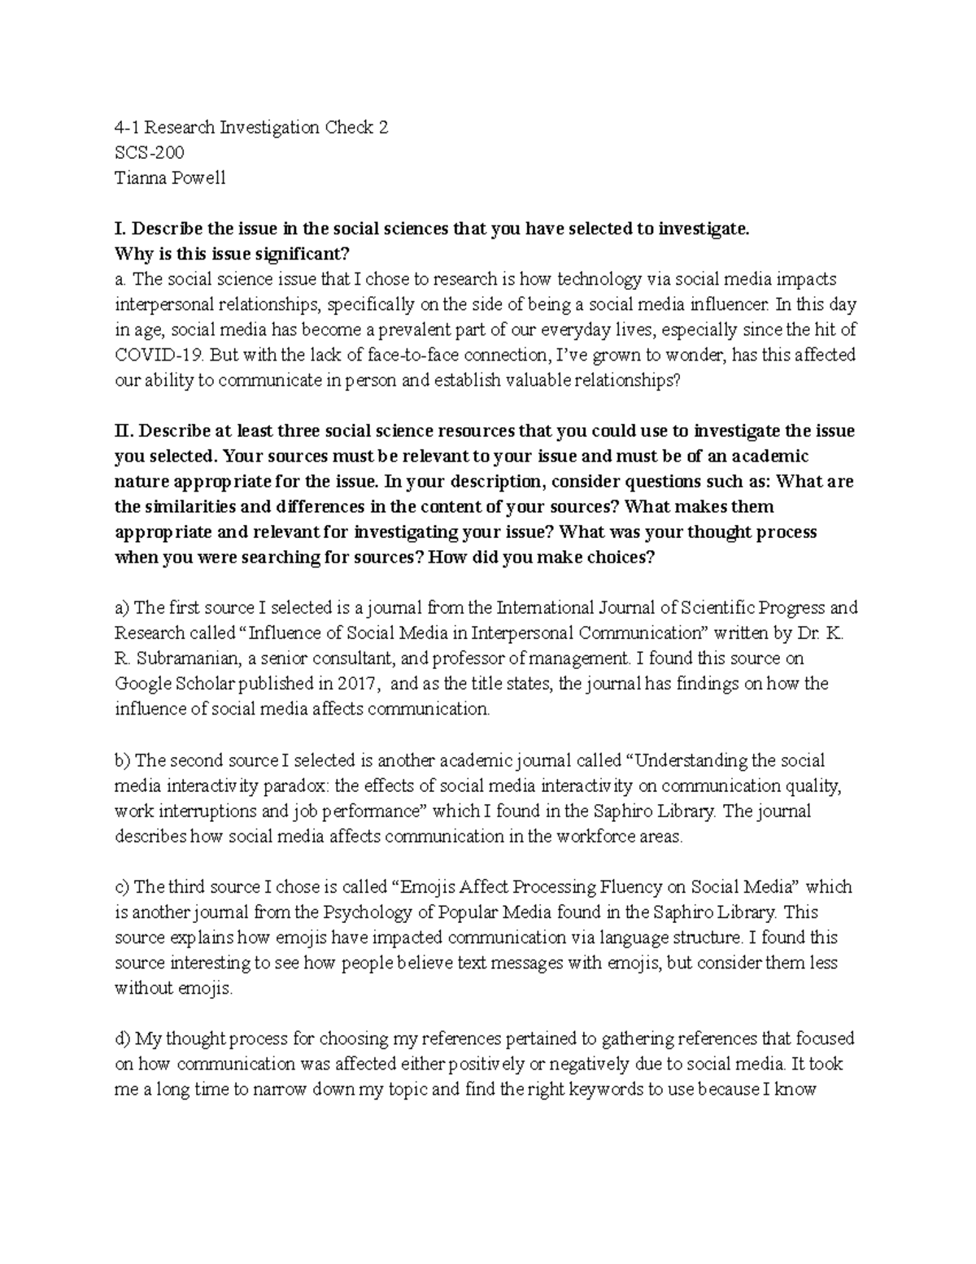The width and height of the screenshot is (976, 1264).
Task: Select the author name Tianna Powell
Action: tap(170, 178)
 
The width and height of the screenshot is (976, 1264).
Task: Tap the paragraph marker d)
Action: tap(123, 1039)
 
